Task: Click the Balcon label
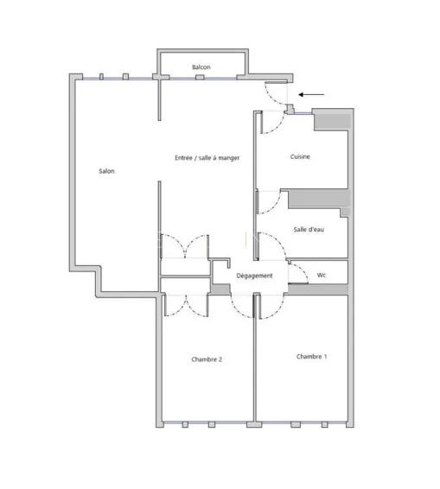point(201,67)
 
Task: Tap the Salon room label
point(107,171)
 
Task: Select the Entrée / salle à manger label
point(207,158)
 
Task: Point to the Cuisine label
point(300,157)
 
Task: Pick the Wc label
point(322,275)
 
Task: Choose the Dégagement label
point(254,276)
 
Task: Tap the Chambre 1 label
point(312,356)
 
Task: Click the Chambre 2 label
point(207,359)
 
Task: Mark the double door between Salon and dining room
point(183,245)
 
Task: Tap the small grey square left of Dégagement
point(221,289)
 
